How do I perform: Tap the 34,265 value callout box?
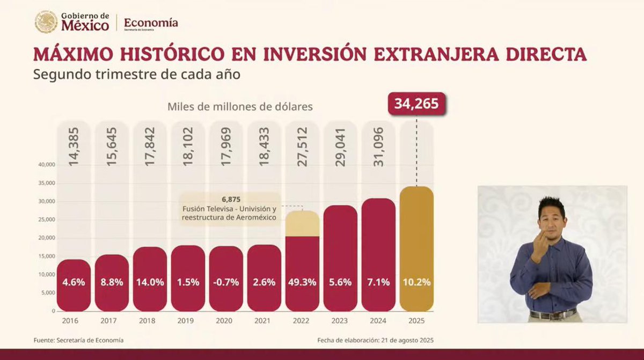[x=416, y=103]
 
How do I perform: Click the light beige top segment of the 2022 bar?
[x=302, y=224]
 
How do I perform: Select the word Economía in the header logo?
[x=151, y=23]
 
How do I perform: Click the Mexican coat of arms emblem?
[x=46, y=22]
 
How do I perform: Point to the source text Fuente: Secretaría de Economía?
[x=78, y=340]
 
